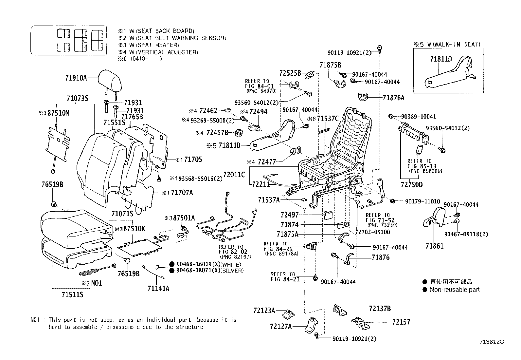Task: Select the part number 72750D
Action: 411,185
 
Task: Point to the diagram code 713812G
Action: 492,342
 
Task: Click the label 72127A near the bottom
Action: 281,326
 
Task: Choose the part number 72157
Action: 401,322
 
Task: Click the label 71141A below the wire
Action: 158,288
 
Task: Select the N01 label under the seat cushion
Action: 97,283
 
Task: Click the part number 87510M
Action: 58,113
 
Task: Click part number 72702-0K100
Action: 373,232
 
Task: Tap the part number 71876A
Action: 393,97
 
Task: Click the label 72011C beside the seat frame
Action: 234,175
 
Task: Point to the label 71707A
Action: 182,193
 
